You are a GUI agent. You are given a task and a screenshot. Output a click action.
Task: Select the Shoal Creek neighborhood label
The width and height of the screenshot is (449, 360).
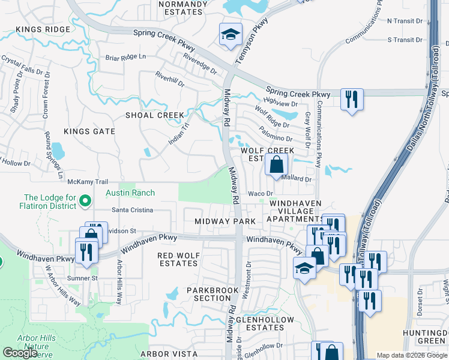(154, 115)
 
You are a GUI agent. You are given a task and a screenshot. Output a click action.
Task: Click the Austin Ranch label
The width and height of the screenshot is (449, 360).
(130, 193)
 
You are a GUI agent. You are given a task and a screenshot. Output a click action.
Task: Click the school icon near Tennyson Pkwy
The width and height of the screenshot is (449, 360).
(229, 35)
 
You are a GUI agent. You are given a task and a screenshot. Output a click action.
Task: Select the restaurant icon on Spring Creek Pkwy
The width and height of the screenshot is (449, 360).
(351, 98)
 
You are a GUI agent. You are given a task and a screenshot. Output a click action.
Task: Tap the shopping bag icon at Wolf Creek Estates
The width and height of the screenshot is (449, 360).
(276, 164)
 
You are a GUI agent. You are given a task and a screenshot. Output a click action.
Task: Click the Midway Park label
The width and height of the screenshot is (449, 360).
(225, 221)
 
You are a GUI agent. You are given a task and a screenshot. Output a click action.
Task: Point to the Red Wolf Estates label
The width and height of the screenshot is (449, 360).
(178, 259)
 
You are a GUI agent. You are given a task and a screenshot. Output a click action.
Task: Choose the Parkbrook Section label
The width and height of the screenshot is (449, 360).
(208, 294)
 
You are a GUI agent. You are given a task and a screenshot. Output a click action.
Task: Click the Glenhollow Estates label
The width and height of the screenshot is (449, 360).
(265, 323)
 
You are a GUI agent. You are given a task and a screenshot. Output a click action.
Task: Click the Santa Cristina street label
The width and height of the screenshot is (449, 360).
(133, 211)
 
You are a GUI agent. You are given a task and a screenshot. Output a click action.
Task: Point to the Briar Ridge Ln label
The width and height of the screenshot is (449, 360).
(125, 57)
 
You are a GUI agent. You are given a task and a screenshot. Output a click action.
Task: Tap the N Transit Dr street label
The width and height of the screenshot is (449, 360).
(405, 20)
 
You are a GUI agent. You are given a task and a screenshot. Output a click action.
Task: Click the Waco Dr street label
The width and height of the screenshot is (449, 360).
(261, 194)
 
